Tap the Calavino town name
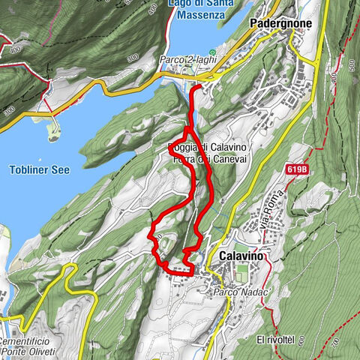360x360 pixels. tap(241, 256)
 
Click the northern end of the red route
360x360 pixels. tap(196, 88)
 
